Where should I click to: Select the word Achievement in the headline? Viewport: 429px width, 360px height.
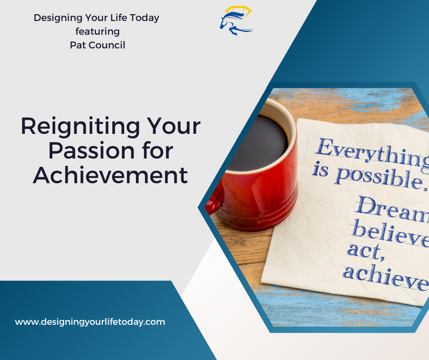pos(110,175)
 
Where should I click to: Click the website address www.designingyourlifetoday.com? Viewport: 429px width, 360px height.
pos(90,322)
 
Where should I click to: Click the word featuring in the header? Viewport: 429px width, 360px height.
pos(97,32)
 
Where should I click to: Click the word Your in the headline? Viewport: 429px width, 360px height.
pos(175,127)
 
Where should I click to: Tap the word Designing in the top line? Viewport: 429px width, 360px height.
pos(55,18)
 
